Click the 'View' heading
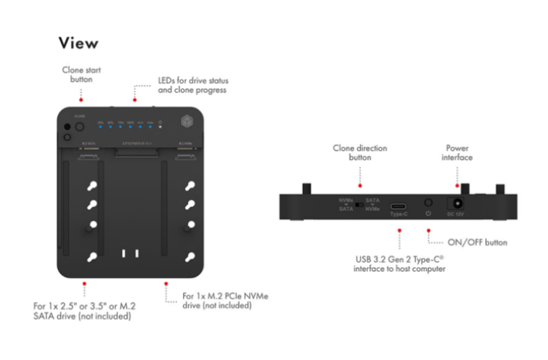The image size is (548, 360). click(x=78, y=42)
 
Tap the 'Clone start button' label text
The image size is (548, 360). click(x=81, y=74)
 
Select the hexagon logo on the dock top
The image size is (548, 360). click(x=185, y=123)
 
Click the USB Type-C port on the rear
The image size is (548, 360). click(x=400, y=207)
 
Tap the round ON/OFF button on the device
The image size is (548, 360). click(x=427, y=205)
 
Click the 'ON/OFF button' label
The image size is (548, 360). click(x=478, y=243)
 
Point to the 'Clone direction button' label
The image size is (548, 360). click(x=359, y=153)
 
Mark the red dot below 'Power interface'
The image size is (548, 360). click(x=458, y=185)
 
